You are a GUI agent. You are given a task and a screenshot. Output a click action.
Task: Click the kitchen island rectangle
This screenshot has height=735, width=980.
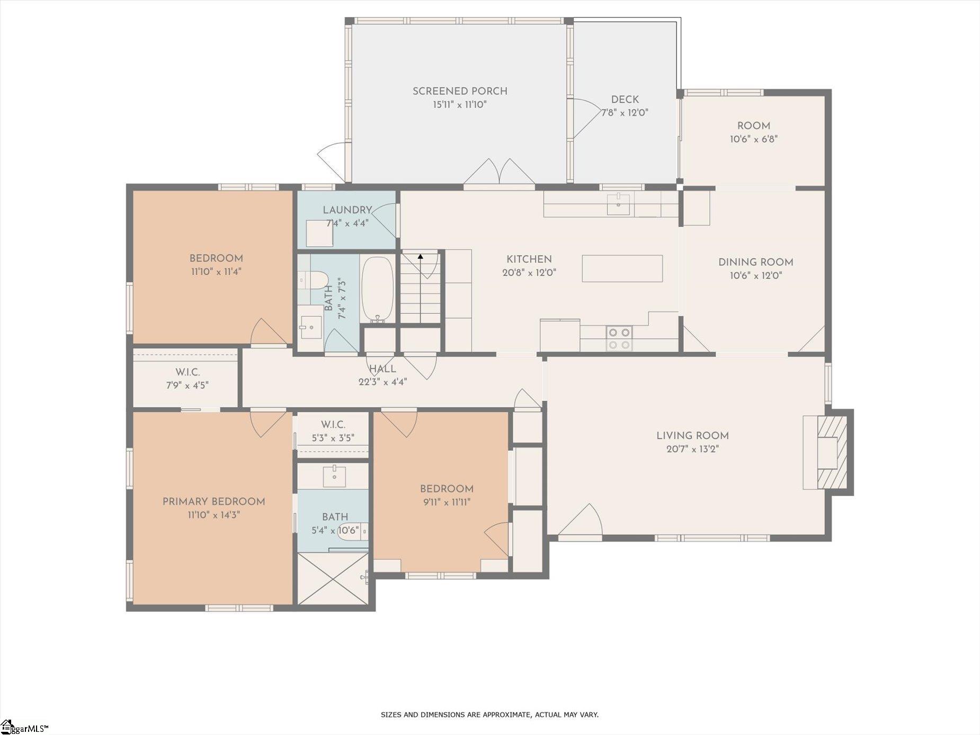[x=622, y=268]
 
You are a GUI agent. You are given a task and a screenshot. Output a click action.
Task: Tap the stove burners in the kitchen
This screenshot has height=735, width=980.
[x=619, y=339]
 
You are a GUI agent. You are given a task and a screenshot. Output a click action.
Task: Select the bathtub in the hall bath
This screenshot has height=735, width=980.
[x=377, y=289]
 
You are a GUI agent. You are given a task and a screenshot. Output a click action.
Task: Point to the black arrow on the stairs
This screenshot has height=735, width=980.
[x=421, y=257]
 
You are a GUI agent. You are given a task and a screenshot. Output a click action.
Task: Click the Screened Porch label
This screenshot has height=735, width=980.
[x=460, y=91]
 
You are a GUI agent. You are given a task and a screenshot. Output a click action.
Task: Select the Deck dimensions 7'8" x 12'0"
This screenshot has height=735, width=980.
[x=625, y=113]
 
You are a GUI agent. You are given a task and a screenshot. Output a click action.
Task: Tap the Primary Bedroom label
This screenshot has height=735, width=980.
[x=213, y=501]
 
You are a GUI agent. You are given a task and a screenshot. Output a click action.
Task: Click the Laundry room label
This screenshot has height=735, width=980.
[x=347, y=210]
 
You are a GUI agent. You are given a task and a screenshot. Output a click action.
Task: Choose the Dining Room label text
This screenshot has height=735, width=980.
[x=755, y=262]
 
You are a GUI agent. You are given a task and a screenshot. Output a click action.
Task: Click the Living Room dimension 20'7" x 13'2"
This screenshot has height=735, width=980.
[x=692, y=449]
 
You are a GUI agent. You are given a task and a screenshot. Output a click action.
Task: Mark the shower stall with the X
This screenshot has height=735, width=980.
[x=333, y=578]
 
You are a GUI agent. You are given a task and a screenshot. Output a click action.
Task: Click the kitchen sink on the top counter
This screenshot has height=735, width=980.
[x=618, y=204]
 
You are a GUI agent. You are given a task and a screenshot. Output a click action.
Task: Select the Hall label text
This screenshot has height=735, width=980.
[x=382, y=369]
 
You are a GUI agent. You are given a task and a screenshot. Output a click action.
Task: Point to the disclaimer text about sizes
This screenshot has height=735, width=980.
[x=489, y=715]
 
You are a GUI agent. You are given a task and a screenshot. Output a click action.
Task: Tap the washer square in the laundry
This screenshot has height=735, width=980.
[x=319, y=233]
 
